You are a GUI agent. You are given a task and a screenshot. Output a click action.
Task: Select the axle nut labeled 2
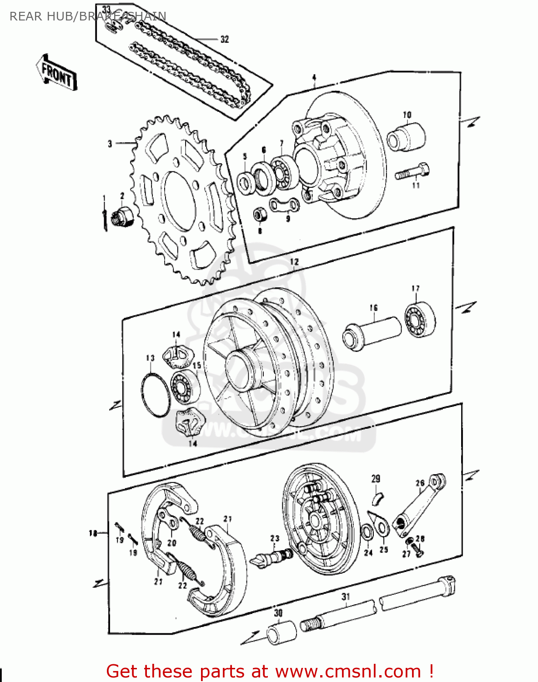coord(124,215)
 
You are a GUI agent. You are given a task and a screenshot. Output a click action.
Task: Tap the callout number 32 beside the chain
coord(224,40)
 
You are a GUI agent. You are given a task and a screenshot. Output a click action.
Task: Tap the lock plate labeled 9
coord(285,205)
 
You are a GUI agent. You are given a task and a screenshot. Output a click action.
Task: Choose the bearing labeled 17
coord(419,320)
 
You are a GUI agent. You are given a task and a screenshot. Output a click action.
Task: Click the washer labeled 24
coord(367,532)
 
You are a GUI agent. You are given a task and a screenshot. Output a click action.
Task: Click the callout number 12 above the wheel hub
coord(294,262)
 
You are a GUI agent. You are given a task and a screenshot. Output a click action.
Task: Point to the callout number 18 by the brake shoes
coord(93,533)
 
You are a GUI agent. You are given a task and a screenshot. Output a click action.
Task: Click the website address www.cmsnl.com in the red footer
coord(348,672)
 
